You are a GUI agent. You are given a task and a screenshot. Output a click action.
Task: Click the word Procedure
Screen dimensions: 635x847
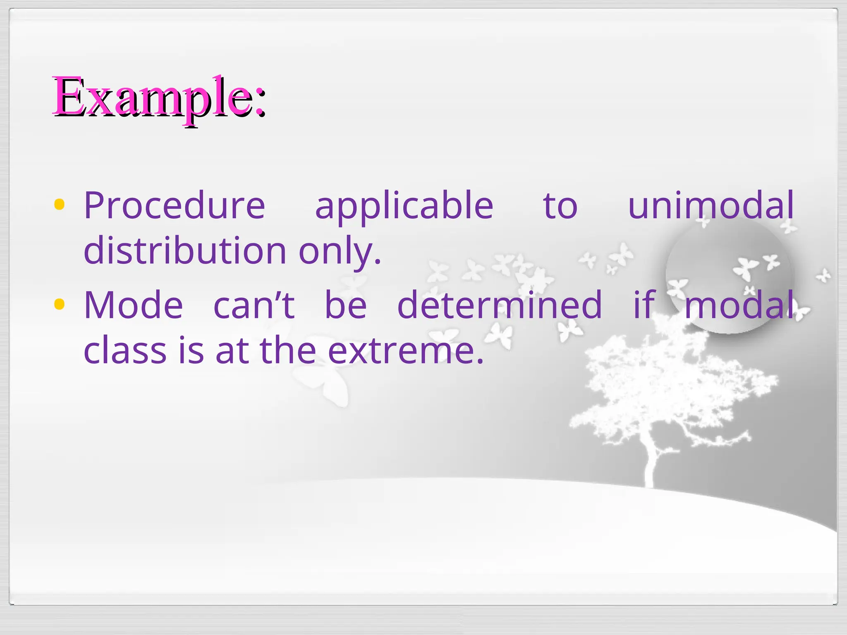point(174,206)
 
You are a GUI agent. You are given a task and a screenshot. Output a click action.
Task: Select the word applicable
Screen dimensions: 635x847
point(404,206)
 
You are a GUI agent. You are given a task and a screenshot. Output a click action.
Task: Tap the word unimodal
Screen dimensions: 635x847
point(711,206)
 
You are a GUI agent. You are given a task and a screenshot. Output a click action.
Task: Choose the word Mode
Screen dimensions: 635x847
point(133,306)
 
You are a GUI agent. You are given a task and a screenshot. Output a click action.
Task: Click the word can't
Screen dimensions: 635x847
point(254,306)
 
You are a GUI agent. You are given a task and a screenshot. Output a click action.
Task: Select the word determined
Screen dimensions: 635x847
point(500,306)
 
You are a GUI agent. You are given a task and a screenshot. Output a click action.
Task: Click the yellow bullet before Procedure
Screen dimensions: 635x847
point(60,205)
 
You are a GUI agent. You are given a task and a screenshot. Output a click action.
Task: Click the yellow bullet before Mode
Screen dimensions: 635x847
point(60,305)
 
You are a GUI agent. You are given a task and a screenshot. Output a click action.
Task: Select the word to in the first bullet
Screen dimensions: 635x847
point(560,206)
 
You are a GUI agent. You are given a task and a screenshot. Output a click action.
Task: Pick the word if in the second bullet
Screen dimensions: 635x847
point(644,306)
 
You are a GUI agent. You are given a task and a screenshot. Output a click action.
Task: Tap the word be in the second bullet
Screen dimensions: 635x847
point(346,306)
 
